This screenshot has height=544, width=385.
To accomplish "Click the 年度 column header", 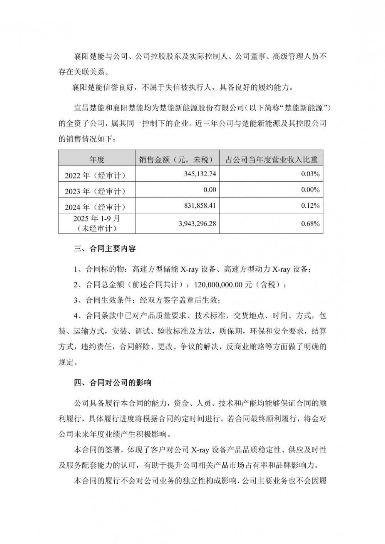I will pyautogui.click(x=97, y=159).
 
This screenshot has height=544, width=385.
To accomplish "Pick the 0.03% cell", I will pyautogui.click(x=310, y=174).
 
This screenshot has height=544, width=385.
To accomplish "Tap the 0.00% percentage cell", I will pyautogui.click(x=310, y=190).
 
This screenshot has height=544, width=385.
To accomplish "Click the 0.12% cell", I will pyautogui.click(x=310, y=206).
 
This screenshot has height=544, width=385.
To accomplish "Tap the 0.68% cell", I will pyautogui.click(x=310, y=224).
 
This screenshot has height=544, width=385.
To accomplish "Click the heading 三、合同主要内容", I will pyautogui.click(x=105, y=249).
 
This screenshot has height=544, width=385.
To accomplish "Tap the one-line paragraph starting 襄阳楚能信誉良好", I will pyautogui.click(x=184, y=87).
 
